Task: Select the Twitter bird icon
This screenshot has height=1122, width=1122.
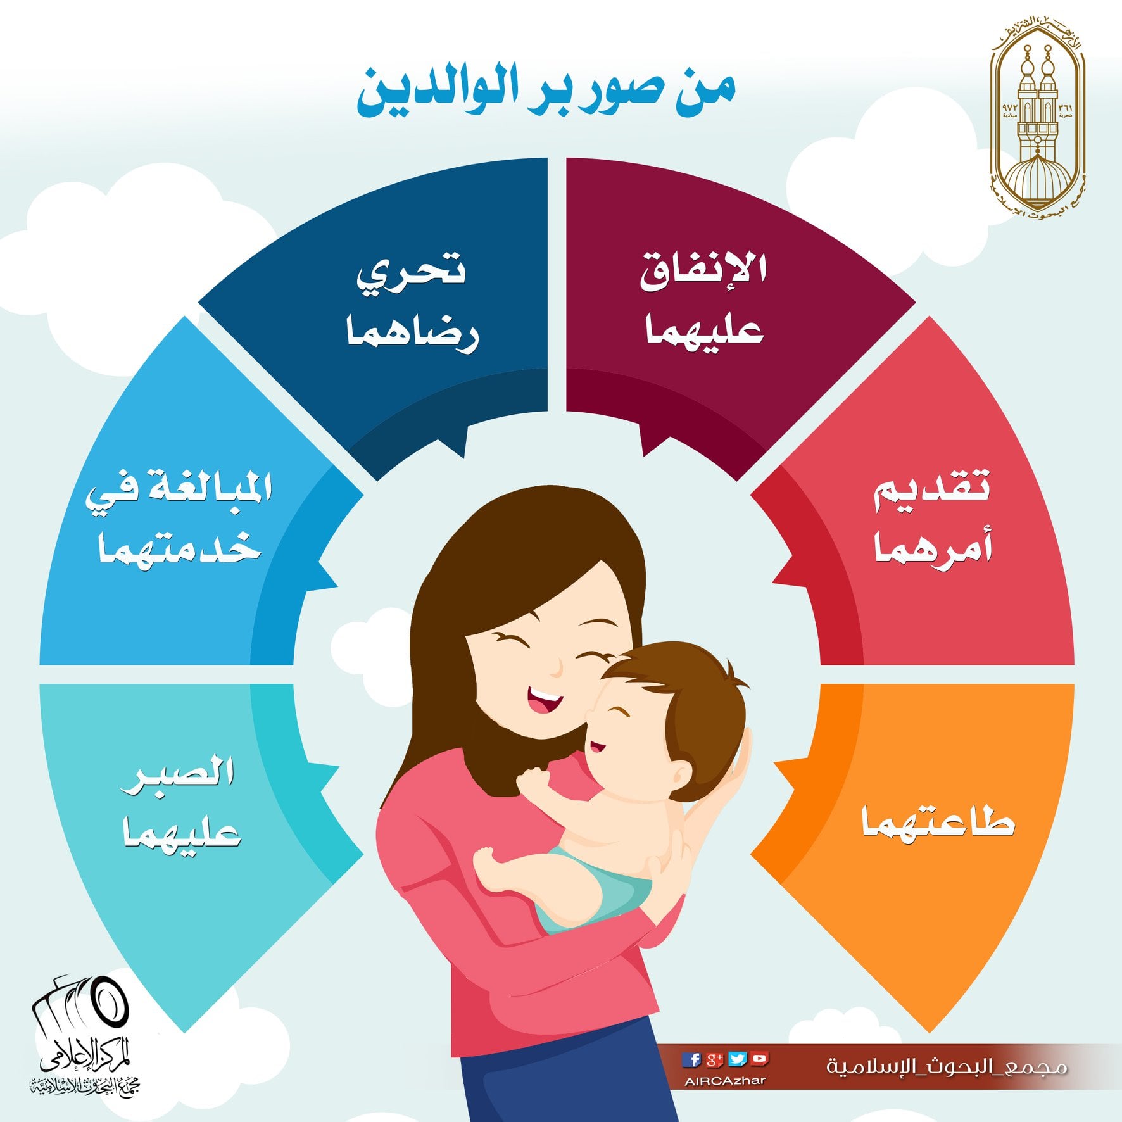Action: pos(737,1059)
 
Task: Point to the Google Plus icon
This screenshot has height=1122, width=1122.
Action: pos(714,1059)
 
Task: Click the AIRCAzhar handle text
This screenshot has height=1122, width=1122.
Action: pos(726,1081)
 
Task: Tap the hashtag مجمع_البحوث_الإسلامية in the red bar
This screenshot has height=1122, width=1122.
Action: pos(947,1066)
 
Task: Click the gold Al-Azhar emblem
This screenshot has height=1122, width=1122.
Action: pos(1038,114)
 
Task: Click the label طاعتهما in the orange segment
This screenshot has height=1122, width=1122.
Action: pos(938,822)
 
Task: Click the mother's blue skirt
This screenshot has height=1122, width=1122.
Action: pos(557,1070)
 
